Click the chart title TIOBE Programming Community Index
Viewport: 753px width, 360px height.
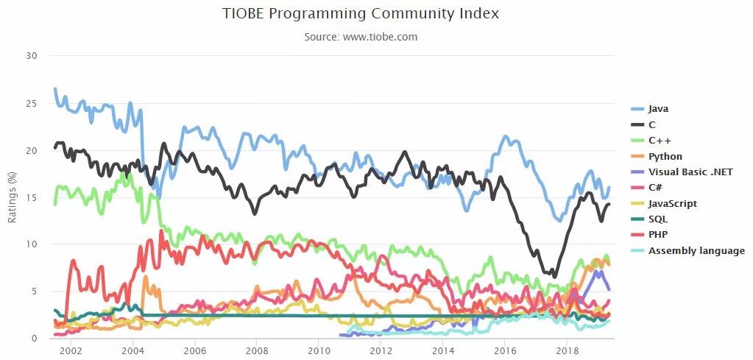(361, 13)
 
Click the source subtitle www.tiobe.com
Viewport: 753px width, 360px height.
(361, 37)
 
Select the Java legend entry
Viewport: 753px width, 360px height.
(659, 108)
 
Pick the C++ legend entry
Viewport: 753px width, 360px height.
(659, 140)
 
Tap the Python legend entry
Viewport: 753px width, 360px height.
(665, 156)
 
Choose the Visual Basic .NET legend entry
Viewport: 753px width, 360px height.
(690, 172)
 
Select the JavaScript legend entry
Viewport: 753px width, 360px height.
(672, 203)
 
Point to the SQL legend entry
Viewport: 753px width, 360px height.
(657, 219)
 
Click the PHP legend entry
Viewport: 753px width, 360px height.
(658, 235)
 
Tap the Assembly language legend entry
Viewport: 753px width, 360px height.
(696, 251)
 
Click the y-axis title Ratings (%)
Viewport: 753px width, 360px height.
(12, 197)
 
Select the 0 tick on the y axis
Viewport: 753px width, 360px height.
(32, 339)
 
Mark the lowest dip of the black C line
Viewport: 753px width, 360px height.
(554, 276)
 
